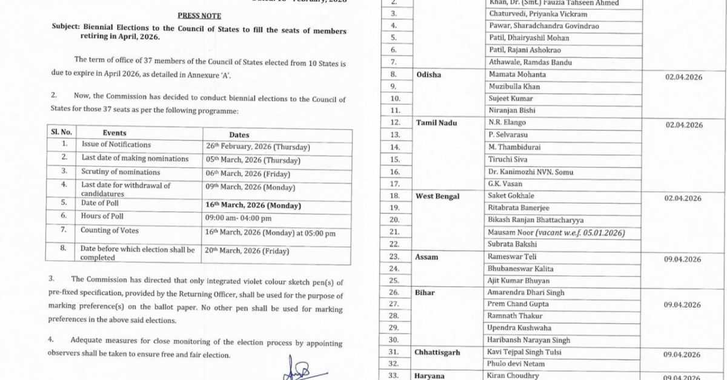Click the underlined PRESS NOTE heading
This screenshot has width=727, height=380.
(199, 16)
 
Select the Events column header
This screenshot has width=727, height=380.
(115, 133)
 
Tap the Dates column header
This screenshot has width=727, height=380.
(239, 135)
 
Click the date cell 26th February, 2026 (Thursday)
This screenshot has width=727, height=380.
(257, 147)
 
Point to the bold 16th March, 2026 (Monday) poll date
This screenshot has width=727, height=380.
(253, 205)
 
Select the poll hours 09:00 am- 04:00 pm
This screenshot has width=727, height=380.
(238, 218)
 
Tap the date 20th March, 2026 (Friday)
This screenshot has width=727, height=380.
(247, 251)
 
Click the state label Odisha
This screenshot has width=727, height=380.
(429, 74)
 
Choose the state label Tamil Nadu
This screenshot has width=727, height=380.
(436, 123)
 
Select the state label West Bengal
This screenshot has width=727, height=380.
(437, 196)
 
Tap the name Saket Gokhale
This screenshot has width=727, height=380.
(511, 196)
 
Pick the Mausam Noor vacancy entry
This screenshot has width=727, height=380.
(556, 232)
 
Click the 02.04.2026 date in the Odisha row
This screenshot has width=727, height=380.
(683, 77)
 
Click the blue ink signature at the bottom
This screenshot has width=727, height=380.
(298, 370)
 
